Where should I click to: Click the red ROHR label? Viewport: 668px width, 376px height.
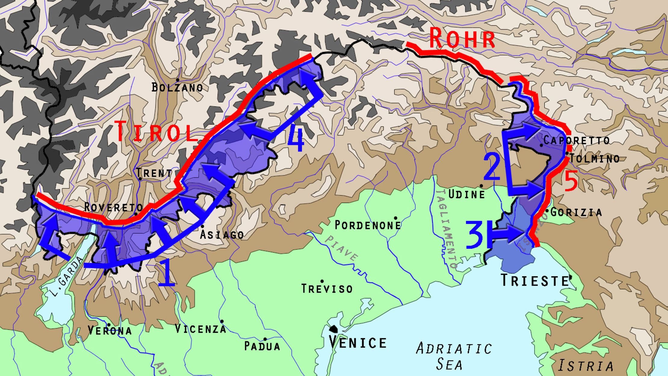[x=462, y=39]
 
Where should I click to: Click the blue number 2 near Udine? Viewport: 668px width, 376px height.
[x=492, y=167]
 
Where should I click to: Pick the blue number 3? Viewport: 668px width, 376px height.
[x=474, y=235]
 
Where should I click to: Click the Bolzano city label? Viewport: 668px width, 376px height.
[x=177, y=87]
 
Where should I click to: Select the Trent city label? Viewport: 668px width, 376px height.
[x=154, y=173]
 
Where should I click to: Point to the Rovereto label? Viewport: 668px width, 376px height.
[x=113, y=207]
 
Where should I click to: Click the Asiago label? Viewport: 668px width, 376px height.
[x=222, y=234]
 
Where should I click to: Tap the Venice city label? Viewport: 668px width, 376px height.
[x=357, y=343]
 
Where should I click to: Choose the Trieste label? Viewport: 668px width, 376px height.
[x=535, y=280]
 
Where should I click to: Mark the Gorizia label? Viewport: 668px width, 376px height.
[x=576, y=212]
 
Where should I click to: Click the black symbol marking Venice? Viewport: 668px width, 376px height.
[x=333, y=329]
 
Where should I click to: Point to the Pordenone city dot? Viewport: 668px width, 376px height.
[x=395, y=218]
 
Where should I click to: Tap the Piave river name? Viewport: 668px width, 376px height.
[x=342, y=248]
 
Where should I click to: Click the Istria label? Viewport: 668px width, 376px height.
[x=585, y=366]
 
